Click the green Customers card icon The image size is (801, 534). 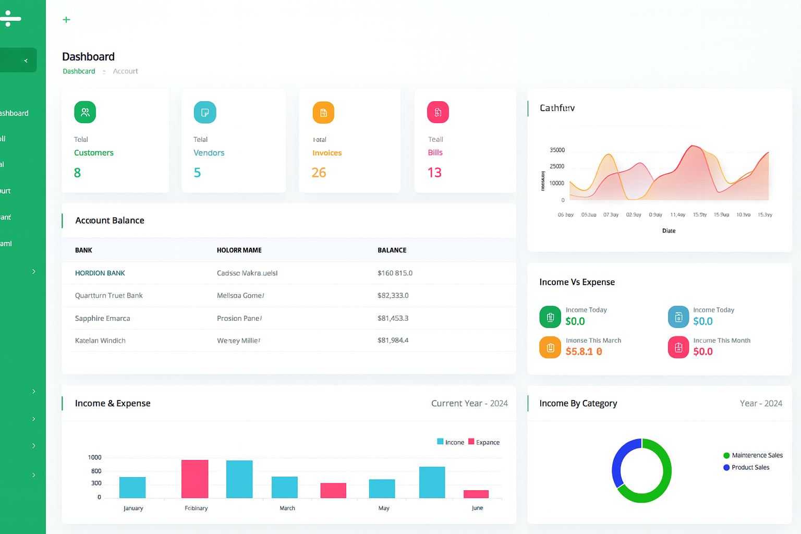tap(85, 112)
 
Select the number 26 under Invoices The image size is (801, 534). tap(319, 173)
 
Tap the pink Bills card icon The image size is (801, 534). tap(438, 112)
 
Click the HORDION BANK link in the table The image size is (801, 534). tap(100, 273)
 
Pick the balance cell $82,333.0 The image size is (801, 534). tap(393, 296)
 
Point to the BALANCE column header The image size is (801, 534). tap(392, 250)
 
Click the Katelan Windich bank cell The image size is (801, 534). tap(100, 341)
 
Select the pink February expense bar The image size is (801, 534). tap(195, 479)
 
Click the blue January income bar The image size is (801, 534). tap(132, 487)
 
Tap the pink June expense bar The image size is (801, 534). tap(476, 494)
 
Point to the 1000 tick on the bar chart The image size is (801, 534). tap(95, 457)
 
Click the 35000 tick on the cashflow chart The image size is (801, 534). tap(557, 150)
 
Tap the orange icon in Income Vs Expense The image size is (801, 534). tap(550, 348)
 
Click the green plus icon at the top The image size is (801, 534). tap(66, 20)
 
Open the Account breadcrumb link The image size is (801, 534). tap(125, 71)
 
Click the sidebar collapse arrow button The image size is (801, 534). tap(25, 60)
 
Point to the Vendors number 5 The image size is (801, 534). tap(197, 173)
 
